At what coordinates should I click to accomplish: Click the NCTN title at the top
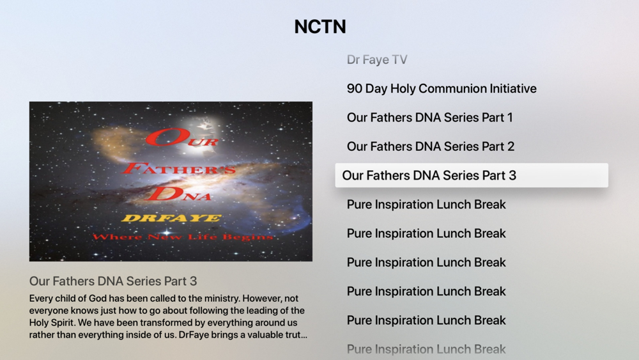coord(320,27)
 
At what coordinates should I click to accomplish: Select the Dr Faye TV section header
coord(377,60)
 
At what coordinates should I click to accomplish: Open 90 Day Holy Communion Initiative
coord(442,88)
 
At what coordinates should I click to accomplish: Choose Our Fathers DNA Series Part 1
coord(429,118)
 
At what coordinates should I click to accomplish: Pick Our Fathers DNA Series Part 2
coord(430,146)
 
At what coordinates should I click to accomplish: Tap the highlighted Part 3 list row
coord(472,175)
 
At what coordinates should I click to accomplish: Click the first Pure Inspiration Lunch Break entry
coord(426,204)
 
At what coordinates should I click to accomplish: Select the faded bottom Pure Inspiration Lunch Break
coord(426,349)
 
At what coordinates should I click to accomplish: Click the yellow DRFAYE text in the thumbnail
coord(171,218)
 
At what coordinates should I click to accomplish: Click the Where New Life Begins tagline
coord(182,237)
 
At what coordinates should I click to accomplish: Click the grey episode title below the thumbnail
coord(113,281)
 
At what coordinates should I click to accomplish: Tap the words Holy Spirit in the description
coord(52,323)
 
